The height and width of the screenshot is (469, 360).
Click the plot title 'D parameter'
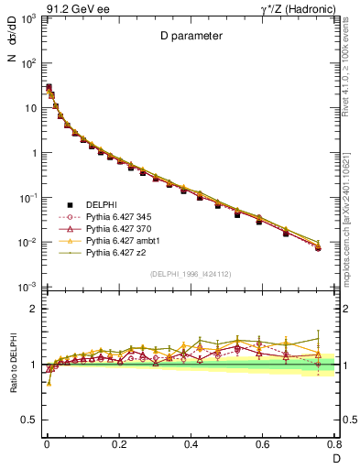tap(191, 37)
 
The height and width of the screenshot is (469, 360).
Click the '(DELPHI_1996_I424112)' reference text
tap(191, 274)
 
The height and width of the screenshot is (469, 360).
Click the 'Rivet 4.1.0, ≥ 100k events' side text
tap(349, 63)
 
